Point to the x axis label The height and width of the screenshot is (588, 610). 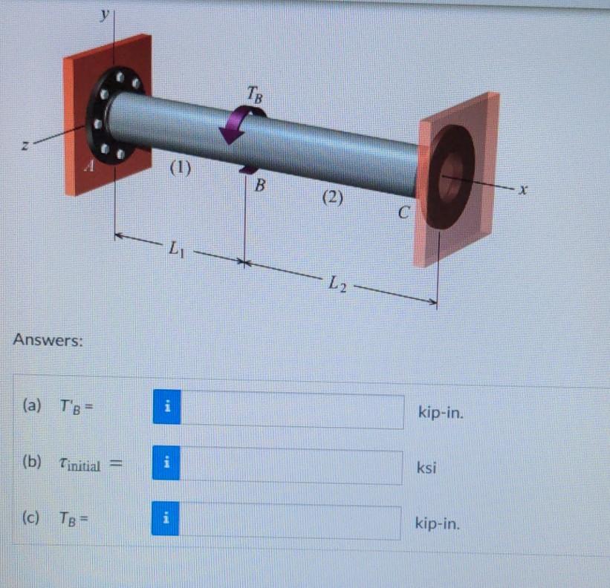[525, 191]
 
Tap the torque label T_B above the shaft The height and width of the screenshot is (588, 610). [254, 94]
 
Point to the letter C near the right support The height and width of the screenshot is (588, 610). [403, 214]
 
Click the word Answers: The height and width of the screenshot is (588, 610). [48, 341]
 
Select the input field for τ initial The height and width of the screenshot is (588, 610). [291, 467]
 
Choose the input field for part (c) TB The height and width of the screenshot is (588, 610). [291, 523]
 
